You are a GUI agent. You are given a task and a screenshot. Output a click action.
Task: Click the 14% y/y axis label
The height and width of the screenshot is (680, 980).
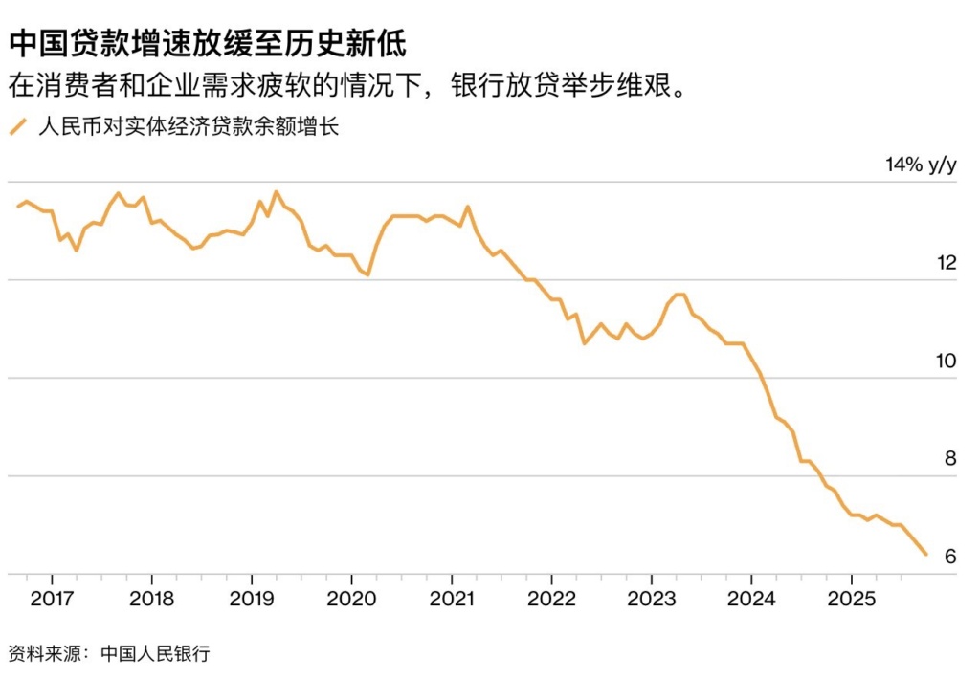920,165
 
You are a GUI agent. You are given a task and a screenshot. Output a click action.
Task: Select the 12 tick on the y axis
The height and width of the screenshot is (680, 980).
947,263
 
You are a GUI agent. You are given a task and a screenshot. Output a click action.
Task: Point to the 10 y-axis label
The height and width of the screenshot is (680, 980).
947,361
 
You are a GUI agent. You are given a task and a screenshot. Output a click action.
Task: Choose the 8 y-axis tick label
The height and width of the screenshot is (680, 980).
950,458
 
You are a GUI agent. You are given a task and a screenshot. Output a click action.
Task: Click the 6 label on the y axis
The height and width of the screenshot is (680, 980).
950,557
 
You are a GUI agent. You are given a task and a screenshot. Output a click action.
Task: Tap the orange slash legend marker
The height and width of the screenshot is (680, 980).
16,127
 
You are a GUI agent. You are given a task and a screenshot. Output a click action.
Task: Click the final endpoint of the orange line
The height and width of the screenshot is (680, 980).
925,554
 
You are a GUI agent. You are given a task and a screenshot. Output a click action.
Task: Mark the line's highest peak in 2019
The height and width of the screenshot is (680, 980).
277,192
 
